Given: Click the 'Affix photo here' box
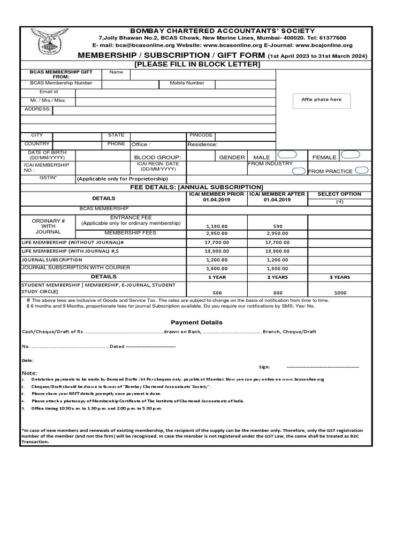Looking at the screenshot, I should pos(321,100).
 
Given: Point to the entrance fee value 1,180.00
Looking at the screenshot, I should pos(216,226).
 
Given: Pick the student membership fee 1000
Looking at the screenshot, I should pos(340,293).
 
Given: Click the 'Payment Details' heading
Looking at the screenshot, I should pos(196,323).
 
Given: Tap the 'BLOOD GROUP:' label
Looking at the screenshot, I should pos(157,157).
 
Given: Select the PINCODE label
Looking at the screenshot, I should pos(201,135).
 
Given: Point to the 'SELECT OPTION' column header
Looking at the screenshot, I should pos(339,194).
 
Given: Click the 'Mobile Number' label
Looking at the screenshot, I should pos(187,83).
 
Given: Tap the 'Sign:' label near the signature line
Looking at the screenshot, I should pos(264,367).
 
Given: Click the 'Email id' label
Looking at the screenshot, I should pos(48,92).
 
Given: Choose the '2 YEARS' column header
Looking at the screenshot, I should pos(277,277).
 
